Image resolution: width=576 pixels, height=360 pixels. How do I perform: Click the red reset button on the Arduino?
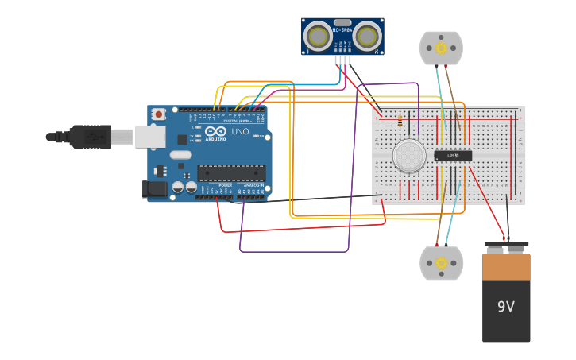click(159, 114)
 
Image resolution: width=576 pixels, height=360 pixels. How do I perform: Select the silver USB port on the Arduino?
click(150, 137)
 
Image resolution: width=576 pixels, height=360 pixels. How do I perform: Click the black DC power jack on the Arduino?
click(155, 189)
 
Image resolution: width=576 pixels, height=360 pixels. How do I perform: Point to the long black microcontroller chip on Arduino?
click(231, 172)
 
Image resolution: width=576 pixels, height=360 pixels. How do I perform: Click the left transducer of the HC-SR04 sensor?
click(319, 36)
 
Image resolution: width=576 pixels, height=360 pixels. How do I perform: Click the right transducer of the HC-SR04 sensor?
click(366, 36)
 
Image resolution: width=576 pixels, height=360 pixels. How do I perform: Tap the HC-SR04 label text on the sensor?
click(342, 30)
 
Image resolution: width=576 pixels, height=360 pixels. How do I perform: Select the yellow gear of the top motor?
click(441, 48)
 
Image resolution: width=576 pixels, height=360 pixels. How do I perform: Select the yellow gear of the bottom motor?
click(441, 263)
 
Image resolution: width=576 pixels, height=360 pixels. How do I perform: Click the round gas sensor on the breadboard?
click(409, 156)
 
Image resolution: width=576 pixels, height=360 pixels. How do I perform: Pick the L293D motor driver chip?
click(453, 155)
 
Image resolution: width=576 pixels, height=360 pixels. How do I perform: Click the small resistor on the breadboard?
click(400, 121)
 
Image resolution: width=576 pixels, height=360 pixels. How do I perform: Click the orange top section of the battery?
click(506, 267)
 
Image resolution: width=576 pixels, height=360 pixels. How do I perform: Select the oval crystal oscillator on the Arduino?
click(181, 155)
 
